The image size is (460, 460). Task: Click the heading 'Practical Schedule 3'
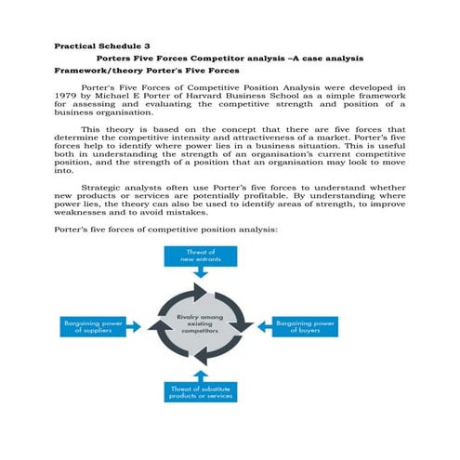pos(102,45)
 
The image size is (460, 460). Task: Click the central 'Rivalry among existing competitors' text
pos(203,325)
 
